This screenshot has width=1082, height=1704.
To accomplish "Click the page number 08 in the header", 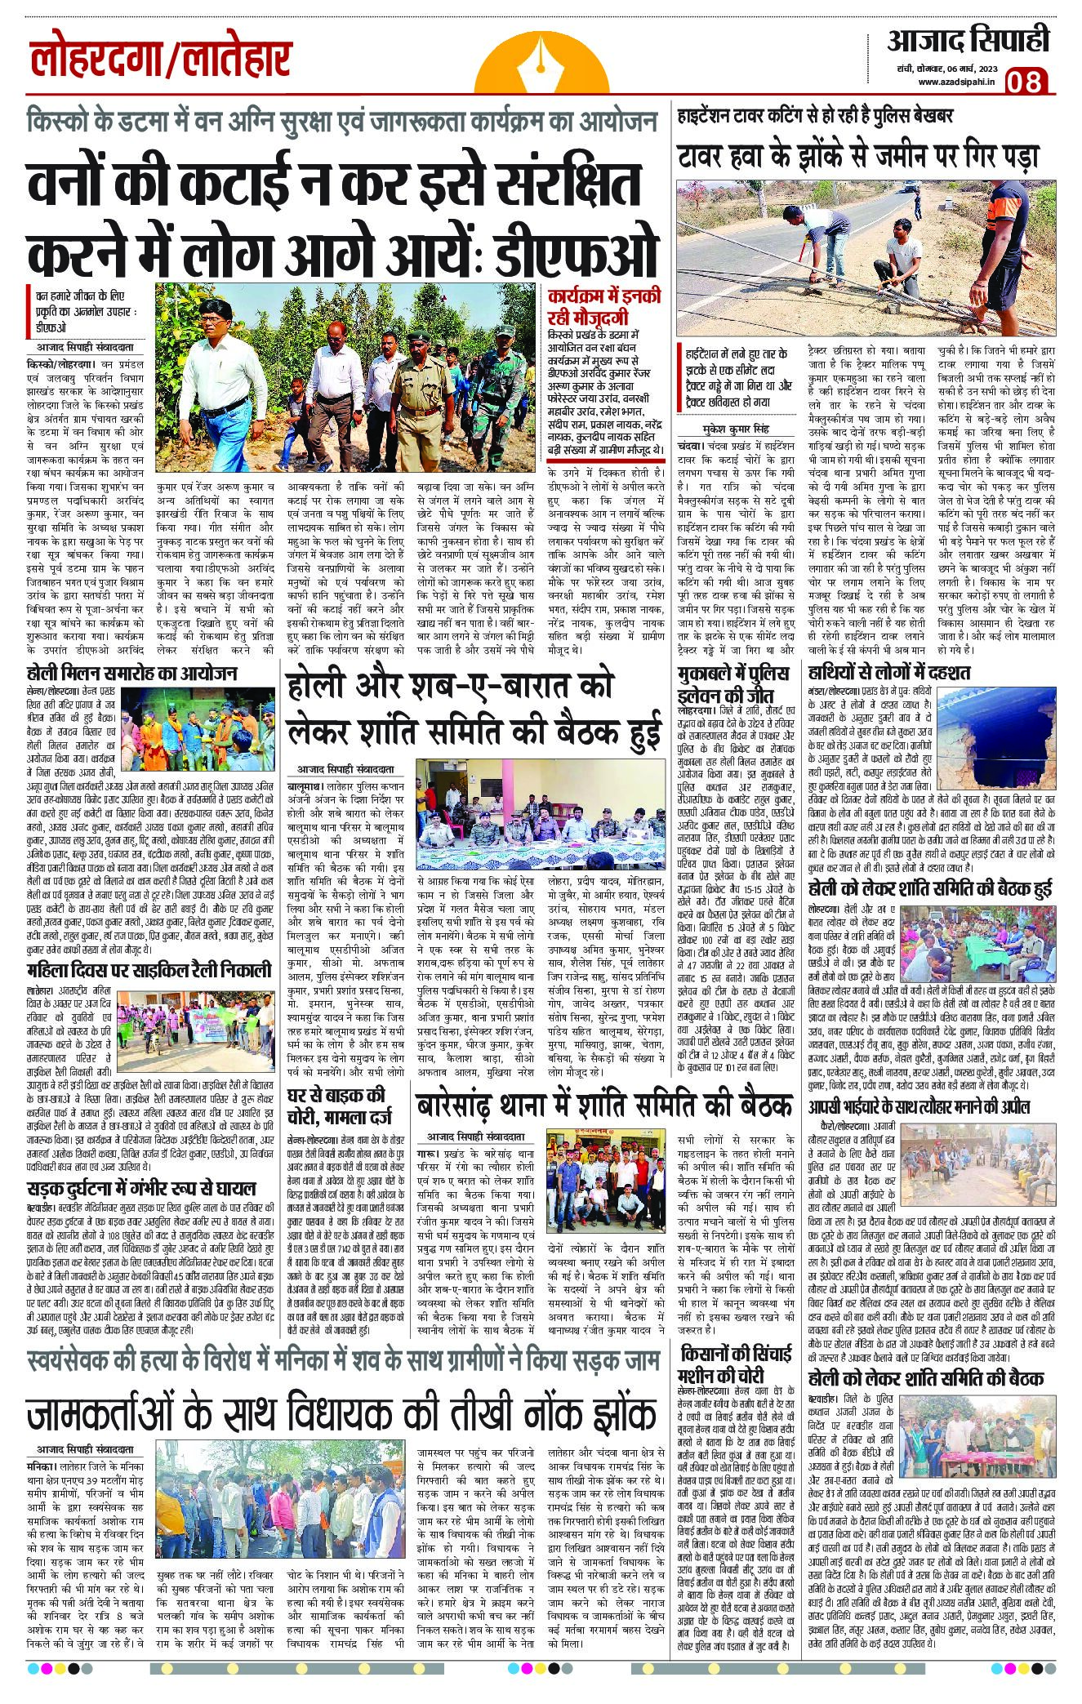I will click(x=1026, y=81).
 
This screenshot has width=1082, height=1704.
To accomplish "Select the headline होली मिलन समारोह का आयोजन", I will click(x=131, y=674).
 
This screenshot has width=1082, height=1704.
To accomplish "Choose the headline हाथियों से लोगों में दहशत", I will click(x=888, y=673).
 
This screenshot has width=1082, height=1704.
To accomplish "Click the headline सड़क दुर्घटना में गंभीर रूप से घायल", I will click(x=141, y=1188).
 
